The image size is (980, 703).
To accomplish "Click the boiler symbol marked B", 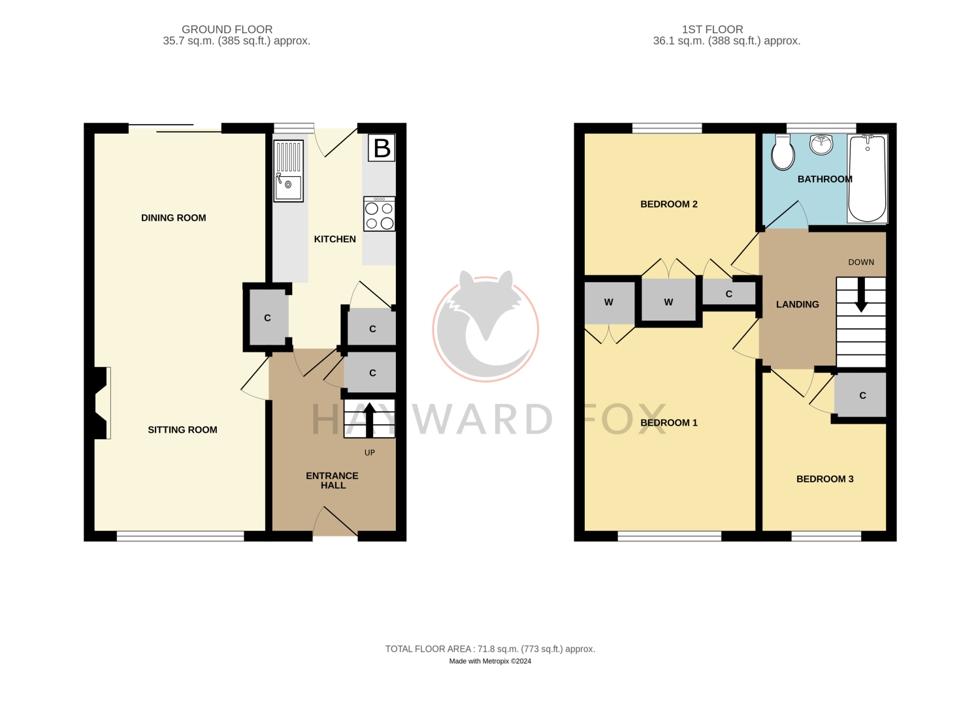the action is [382, 148].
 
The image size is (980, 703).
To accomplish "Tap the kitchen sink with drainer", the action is [288, 171].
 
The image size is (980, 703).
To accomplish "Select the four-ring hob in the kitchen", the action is [380, 214].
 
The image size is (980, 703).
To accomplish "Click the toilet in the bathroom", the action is [783, 152].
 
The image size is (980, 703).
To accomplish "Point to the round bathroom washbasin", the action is [821, 144].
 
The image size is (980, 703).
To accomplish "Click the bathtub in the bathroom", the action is [867, 178].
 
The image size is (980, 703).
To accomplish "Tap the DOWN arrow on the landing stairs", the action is [861, 294].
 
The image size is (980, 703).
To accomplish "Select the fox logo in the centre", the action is [485, 326].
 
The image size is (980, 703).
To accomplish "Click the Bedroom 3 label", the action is [825, 479].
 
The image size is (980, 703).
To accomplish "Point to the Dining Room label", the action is [173, 218].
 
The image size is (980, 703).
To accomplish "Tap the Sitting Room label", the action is [182, 430].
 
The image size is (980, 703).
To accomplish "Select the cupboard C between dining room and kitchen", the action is [268, 318].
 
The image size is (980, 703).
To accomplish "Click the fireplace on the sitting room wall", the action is [101, 403].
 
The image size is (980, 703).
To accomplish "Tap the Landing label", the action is [797, 305].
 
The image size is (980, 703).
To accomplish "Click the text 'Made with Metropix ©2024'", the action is [490, 661].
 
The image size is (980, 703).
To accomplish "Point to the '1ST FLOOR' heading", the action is [712, 29].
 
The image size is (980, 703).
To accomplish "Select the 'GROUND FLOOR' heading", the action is [227, 29].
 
